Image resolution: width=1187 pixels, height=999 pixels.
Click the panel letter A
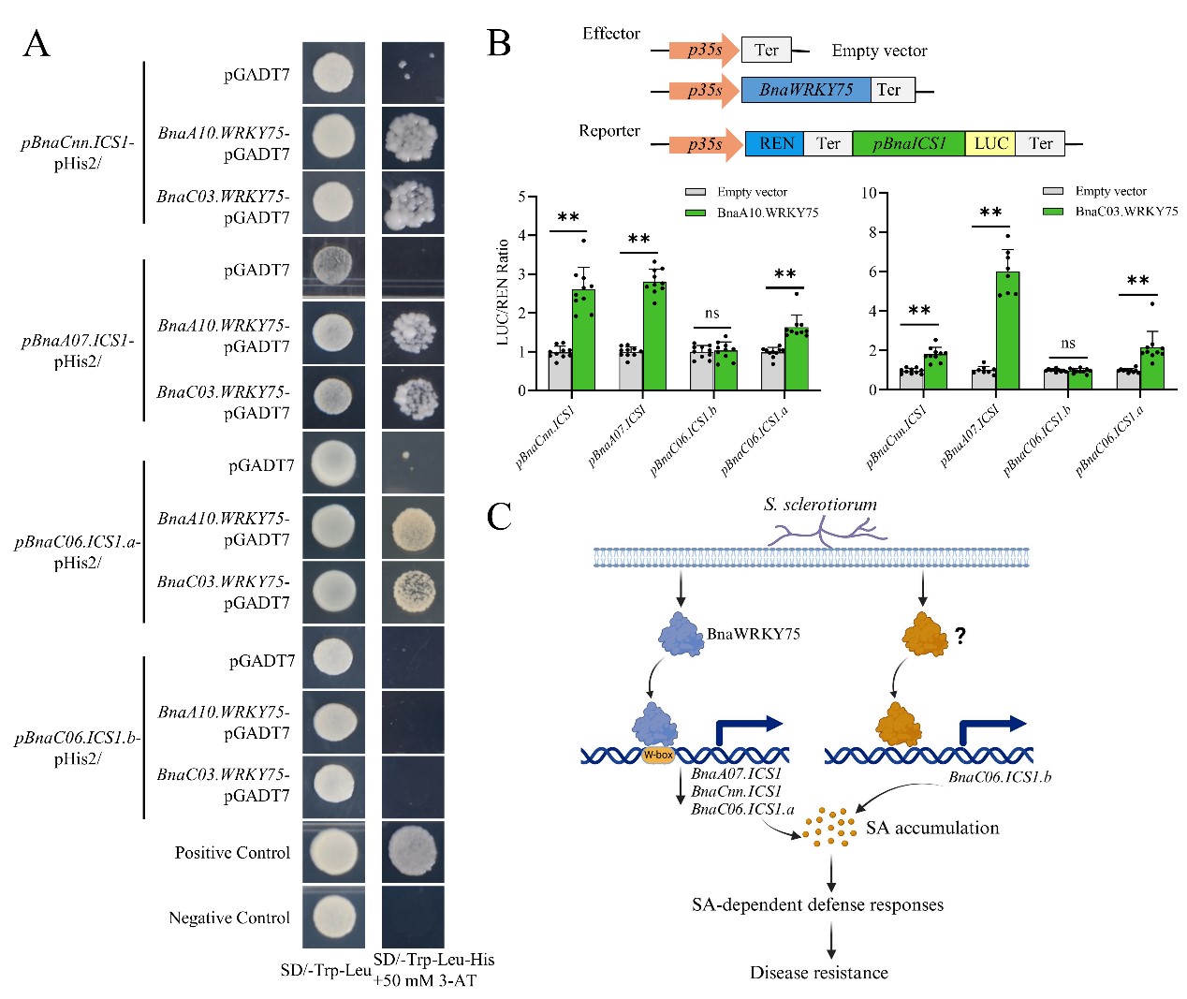tap(36, 44)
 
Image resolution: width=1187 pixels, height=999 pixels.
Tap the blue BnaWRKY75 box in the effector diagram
tap(805, 90)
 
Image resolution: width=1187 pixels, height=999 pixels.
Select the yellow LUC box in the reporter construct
tap(989, 143)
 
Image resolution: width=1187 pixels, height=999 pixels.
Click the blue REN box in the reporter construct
tap(775, 143)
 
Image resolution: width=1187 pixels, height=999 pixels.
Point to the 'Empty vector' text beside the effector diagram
tap(879, 51)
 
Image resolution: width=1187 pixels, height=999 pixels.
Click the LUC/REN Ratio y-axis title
tap(503, 291)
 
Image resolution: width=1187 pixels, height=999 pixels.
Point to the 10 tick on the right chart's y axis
tap(869, 193)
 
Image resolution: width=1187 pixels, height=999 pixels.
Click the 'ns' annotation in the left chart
tap(712, 313)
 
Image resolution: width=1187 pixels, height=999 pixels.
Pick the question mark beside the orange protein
tap(960, 636)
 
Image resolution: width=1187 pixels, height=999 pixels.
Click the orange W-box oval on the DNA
tap(658, 755)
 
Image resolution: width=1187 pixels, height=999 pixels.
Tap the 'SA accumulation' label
tap(931, 828)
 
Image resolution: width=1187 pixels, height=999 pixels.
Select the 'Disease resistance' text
tap(818, 973)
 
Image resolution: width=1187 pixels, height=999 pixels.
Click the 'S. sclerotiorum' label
tap(820, 504)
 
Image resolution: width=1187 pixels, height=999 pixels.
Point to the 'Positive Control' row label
tap(232, 853)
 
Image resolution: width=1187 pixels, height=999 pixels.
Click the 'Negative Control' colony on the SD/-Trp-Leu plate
tap(332, 916)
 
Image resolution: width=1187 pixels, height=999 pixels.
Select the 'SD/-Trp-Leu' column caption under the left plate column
tap(325, 970)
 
